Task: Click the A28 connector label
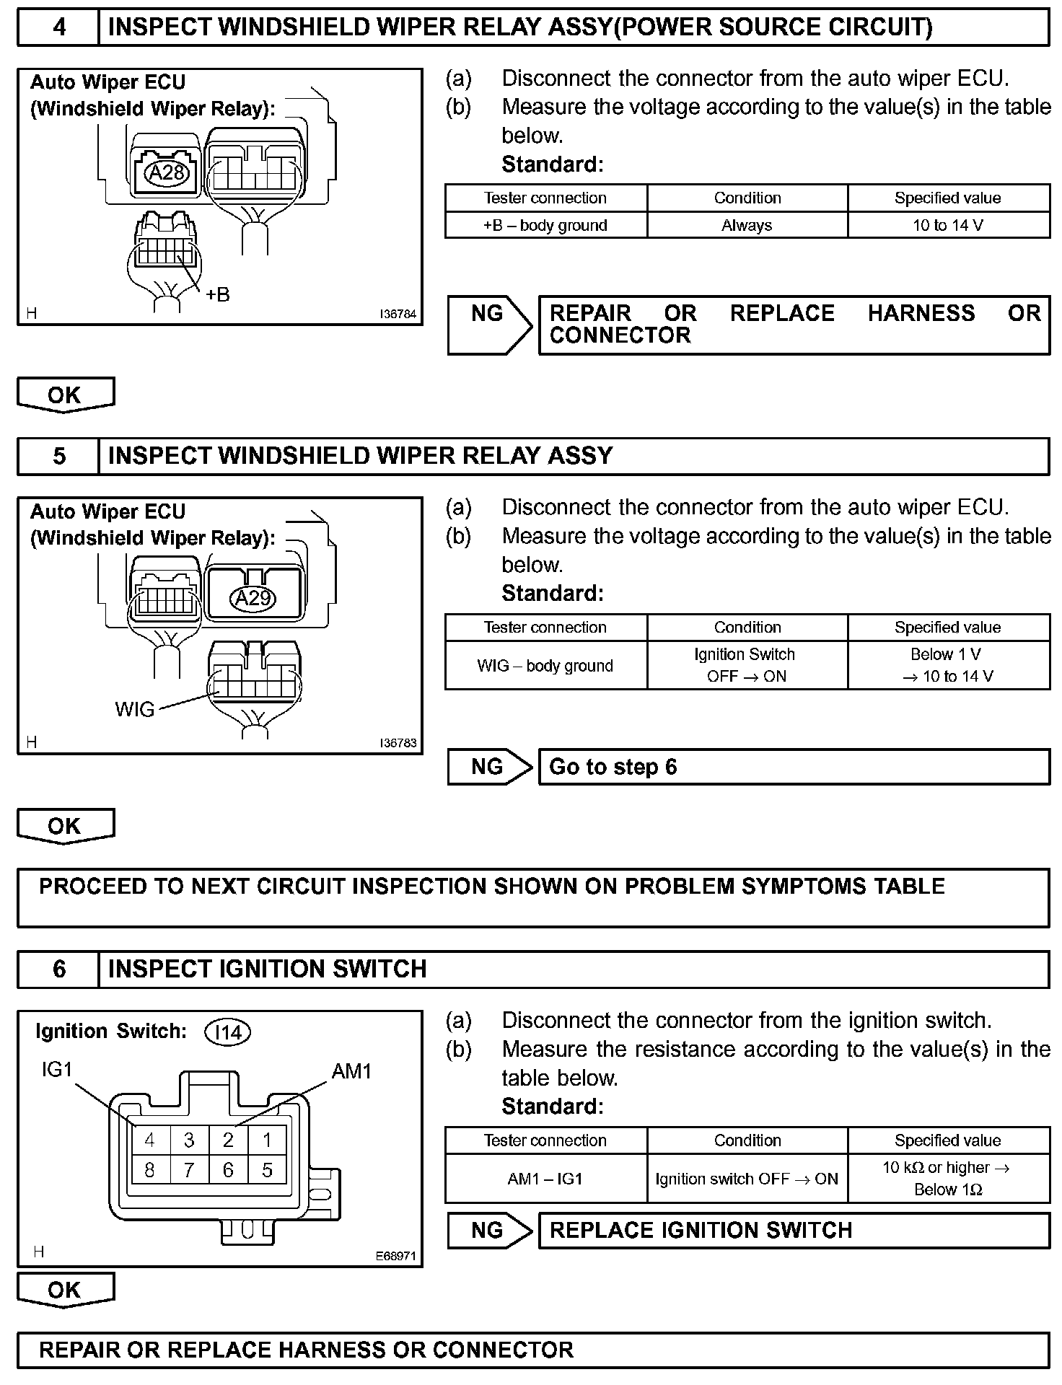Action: pos(167,172)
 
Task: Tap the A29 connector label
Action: pos(253,598)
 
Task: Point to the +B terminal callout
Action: pos(217,294)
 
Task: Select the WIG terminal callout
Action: pos(135,709)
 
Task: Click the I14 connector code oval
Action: pos(228,1033)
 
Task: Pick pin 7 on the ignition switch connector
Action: pos(189,1170)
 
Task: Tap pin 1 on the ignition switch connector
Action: pos(267,1140)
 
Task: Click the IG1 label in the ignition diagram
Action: pos(57,1069)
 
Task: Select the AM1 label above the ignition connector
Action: pos(351,1071)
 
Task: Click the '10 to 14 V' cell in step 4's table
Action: pos(948,225)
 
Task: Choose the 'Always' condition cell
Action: pos(747,225)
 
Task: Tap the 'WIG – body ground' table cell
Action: pos(545,666)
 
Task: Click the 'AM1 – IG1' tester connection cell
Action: pos(545,1179)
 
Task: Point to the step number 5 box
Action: pos(58,456)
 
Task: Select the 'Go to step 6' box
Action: pos(794,767)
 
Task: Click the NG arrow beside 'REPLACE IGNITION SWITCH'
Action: pos(489,1230)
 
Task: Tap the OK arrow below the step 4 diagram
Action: pos(65,395)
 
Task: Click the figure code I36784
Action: pos(398,315)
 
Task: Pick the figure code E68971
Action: pos(395,1256)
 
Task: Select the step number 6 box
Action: pos(58,969)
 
